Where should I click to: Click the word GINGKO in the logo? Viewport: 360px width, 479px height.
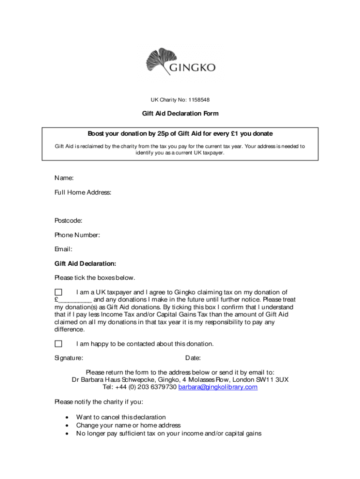pyautogui.click(x=193, y=68)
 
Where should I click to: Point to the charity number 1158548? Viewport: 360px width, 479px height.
pyautogui.click(x=193, y=99)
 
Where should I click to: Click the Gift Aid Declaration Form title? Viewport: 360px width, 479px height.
pyautogui.click(x=180, y=114)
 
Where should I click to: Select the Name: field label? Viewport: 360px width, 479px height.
pyautogui.click(x=64, y=178)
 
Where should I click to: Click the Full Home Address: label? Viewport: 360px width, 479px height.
pyautogui.click(x=83, y=192)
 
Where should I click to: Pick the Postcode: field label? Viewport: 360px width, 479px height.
pyautogui.click(x=68, y=220)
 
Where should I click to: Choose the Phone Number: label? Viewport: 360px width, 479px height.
pyautogui.click(x=77, y=235)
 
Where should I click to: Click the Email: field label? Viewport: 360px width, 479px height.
pyautogui.click(x=63, y=249)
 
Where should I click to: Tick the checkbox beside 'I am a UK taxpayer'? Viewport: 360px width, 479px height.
pyautogui.click(x=58, y=292)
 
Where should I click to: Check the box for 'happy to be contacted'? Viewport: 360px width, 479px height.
pyautogui.click(x=58, y=344)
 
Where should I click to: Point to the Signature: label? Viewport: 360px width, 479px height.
pyautogui.click(x=69, y=358)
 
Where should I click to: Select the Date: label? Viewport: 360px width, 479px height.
pyautogui.click(x=193, y=358)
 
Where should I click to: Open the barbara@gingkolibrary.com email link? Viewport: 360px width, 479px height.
pyautogui.click(x=218, y=387)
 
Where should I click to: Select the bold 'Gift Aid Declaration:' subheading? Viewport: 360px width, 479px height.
pyautogui.click(x=85, y=263)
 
